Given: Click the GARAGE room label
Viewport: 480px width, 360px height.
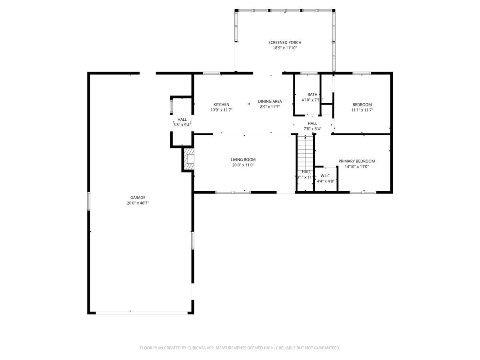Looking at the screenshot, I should pos(138,198).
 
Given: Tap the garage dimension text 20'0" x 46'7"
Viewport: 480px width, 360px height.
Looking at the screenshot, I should pos(138,203).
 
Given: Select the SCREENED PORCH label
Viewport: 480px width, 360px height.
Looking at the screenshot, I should pos(284,42).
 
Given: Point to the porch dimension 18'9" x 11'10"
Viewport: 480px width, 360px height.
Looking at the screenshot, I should pos(284,48).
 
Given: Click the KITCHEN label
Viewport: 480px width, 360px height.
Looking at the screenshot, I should pos(221,104).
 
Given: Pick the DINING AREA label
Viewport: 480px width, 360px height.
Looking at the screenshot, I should pos(270,102).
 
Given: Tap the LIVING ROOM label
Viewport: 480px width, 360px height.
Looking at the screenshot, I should pos(243,160).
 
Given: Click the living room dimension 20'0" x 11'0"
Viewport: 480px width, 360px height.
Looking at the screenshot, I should pos(243,165).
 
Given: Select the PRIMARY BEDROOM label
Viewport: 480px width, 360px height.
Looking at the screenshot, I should pos(356,161).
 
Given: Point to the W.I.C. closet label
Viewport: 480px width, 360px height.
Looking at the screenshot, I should pos(325,176).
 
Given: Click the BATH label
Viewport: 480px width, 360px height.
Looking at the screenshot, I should pos(312,95).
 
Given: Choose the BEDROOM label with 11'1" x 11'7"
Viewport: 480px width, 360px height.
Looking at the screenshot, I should pos(362,104).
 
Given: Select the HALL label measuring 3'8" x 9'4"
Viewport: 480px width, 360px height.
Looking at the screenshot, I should pos(182,119).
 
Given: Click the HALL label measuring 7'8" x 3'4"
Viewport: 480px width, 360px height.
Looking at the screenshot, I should pos(312,123).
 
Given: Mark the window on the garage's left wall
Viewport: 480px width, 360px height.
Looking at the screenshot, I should pos(89,200).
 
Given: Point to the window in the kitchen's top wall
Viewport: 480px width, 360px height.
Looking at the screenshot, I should pos(211,73).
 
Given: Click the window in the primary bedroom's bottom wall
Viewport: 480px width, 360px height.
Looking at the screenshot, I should pos(363,192).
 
